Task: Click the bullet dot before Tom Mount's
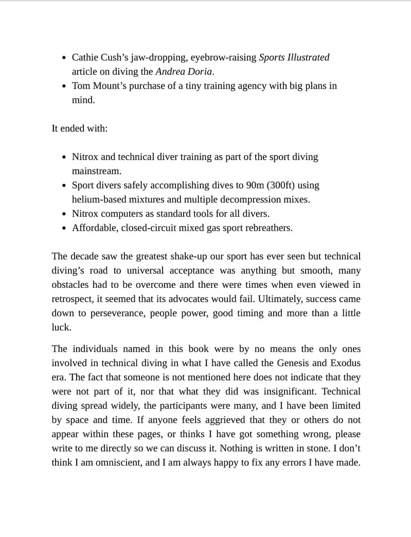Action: point(63,86)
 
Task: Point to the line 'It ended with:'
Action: point(80,128)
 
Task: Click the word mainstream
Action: point(96,171)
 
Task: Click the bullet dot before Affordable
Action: point(63,228)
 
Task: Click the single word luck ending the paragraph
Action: point(61,327)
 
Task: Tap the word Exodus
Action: point(345,363)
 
